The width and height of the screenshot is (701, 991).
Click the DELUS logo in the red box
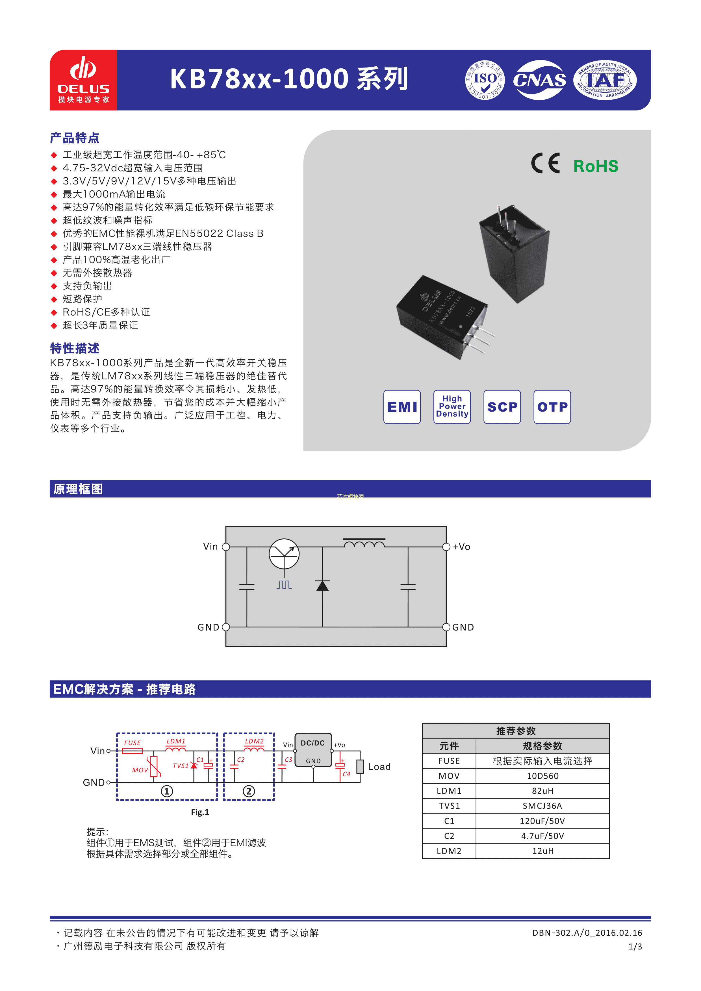coord(83,80)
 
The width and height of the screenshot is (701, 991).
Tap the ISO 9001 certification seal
coord(485,80)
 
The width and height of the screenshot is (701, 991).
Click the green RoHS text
coord(596,166)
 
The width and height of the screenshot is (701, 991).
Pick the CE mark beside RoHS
coord(545,163)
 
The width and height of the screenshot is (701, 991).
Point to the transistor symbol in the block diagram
coord(284,554)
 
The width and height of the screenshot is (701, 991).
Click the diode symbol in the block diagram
coord(322,585)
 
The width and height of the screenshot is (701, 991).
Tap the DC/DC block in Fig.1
coord(313,750)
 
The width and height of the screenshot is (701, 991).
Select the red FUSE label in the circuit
coord(133,743)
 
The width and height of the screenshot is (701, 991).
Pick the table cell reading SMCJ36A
coord(542,806)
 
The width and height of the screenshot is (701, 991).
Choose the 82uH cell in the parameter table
coord(542,791)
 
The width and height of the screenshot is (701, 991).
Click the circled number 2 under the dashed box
coord(249,791)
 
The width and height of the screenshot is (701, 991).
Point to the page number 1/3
coord(635,947)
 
